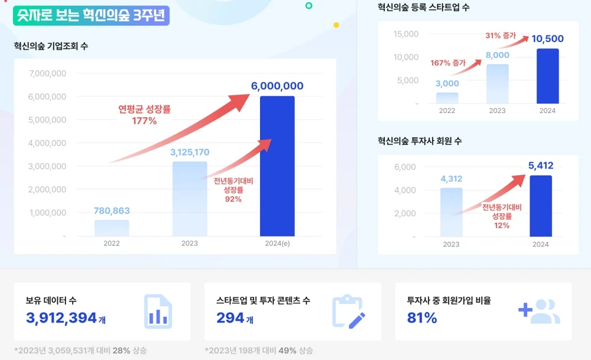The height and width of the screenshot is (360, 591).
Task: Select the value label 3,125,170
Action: [x=189, y=153]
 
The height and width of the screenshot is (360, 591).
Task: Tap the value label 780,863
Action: [x=111, y=210]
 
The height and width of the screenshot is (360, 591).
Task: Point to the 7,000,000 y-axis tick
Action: [x=47, y=73]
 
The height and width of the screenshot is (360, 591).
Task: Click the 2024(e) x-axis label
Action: [x=277, y=243]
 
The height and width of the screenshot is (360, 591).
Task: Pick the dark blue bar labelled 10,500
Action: [x=547, y=76]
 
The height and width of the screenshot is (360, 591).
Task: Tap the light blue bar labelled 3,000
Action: [x=447, y=98]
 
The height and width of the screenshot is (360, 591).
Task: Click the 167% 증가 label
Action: [x=448, y=63]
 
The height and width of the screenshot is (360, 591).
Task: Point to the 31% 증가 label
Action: [x=501, y=35]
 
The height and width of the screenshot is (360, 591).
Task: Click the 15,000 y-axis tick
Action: [x=406, y=34]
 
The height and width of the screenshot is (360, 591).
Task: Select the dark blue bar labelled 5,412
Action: [x=541, y=206]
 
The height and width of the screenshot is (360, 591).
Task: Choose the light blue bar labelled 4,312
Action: [x=451, y=212]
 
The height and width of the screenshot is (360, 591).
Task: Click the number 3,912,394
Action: [x=61, y=318]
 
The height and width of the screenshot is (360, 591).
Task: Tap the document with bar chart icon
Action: [x=158, y=311]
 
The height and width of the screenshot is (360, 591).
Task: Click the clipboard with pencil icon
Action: [x=348, y=312]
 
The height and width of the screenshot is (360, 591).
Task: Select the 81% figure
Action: [x=422, y=318]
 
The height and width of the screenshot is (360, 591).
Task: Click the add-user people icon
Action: [x=539, y=312]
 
